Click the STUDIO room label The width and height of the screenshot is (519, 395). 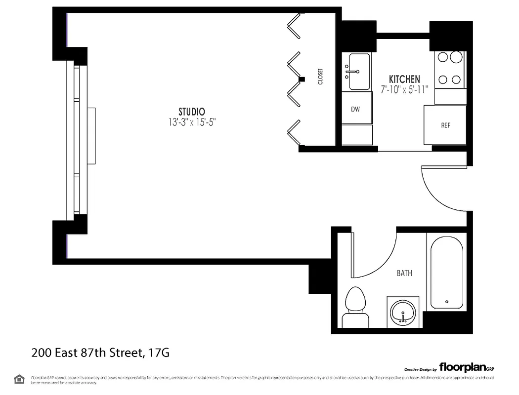192,112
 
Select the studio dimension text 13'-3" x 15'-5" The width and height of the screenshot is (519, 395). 192,122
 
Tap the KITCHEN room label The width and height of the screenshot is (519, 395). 404,79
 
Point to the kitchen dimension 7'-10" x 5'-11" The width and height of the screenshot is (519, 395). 404,89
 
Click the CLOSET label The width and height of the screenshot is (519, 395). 320,77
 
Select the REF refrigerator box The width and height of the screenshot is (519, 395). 445,125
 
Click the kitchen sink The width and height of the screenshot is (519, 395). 359,72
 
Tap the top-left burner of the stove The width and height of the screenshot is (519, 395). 443,57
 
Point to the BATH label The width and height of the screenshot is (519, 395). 404,273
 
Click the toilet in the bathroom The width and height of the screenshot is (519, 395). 355,306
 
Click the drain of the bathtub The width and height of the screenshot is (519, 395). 446,301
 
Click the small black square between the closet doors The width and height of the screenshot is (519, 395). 302,79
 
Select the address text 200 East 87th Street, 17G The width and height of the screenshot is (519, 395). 101,353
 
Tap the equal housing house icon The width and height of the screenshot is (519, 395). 19,379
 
